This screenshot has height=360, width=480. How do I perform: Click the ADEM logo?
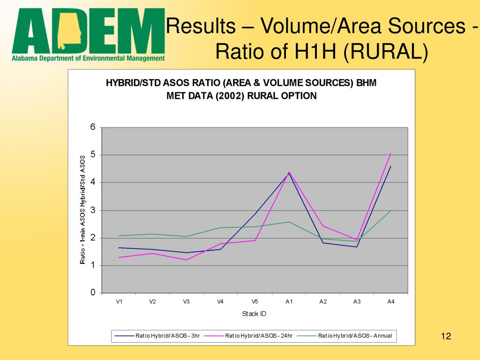pos(88,35)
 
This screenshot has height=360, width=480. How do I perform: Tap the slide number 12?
pos(446,336)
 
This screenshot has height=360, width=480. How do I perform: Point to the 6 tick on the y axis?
pos(93,127)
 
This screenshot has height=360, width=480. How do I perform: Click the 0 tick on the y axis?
pos(93,292)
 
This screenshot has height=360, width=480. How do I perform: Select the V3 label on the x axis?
pos(187,301)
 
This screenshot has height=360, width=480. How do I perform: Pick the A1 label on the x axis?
pos(289,301)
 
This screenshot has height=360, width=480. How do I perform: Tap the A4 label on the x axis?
pos(391,301)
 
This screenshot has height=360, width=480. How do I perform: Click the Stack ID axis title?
pos(254,314)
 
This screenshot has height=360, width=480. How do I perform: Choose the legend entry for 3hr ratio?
pos(157,336)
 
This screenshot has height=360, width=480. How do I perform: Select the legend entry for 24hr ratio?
pos(248,336)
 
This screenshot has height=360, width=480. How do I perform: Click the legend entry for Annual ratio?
pos(345,336)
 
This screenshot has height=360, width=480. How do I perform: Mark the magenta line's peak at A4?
pos(391,153)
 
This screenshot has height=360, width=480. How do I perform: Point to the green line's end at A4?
pos(391,210)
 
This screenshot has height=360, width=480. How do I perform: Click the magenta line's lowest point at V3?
pos(187,260)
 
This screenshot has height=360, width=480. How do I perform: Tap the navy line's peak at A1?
pos(289,173)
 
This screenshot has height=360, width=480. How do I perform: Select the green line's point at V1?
pos(119,235)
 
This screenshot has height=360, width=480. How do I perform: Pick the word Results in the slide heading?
pos(201,26)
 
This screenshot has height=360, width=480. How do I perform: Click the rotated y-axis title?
pos(82,210)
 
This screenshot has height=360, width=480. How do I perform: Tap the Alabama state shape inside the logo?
pos(70,30)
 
